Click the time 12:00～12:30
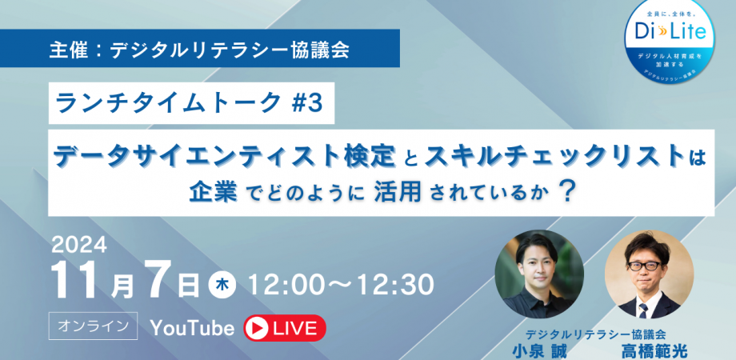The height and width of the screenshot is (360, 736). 341,284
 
